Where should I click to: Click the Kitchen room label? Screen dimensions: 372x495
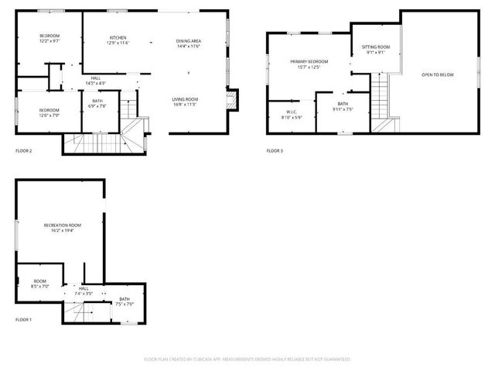click(x=118, y=38)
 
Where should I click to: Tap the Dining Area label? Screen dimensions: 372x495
click(x=189, y=41)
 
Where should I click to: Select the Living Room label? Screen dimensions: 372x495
click(x=186, y=98)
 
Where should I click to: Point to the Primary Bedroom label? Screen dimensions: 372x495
click(x=309, y=62)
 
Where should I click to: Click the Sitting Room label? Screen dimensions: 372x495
click(x=378, y=47)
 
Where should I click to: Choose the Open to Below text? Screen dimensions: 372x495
click(x=437, y=74)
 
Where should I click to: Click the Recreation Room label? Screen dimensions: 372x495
click(x=62, y=225)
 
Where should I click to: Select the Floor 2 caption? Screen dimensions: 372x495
click(x=24, y=150)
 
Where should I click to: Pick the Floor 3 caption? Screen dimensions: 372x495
click(x=275, y=150)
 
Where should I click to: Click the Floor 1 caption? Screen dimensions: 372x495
click(x=24, y=319)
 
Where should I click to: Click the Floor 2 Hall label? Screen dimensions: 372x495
click(x=95, y=77)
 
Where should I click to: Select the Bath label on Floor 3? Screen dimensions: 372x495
click(x=343, y=104)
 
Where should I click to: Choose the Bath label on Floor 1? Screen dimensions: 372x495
click(x=125, y=299)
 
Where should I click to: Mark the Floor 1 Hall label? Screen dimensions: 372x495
click(x=84, y=289)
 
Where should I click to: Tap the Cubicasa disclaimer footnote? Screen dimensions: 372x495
click(x=247, y=359)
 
